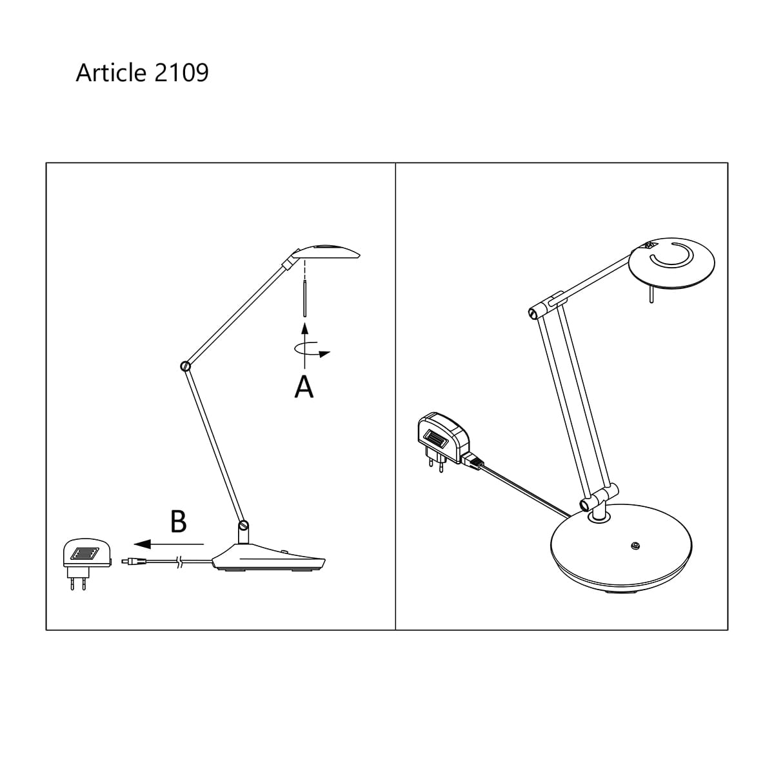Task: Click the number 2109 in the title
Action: (x=181, y=73)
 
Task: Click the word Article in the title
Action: (x=111, y=73)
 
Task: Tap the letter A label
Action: (x=304, y=386)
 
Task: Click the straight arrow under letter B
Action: (x=169, y=544)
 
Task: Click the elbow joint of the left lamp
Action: (x=186, y=366)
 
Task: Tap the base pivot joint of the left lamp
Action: (x=243, y=525)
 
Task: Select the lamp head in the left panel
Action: (x=325, y=252)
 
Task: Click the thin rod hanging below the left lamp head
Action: (x=305, y=299)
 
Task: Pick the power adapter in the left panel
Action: (x=87, y=562)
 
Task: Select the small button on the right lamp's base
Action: (x=635, y=546)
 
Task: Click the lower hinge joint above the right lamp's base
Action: (x=586, y=504)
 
